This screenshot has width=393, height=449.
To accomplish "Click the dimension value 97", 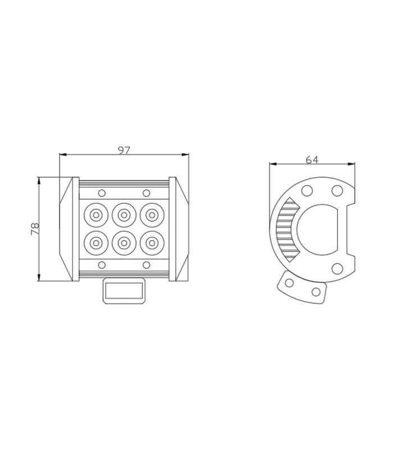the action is (124, 150).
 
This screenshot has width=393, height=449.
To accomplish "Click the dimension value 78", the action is (35, 229).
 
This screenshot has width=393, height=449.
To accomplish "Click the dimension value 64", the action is (312, 159).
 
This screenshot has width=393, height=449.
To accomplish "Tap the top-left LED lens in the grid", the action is (96, 215).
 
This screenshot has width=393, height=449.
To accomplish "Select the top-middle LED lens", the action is (124, 215).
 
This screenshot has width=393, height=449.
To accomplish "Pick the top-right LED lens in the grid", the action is (152, 215).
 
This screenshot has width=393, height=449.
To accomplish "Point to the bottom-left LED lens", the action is (96, 243).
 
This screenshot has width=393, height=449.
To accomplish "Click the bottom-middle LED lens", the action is (124, 243).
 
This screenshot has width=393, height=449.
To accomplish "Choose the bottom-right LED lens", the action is (152, 243).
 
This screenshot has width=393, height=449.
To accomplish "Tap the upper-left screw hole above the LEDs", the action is (102, 193).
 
